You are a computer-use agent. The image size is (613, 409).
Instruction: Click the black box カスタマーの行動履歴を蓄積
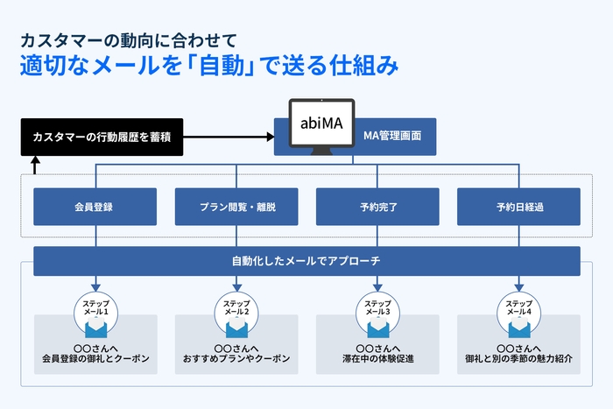point(102,138)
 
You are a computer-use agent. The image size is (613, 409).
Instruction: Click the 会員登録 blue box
point(95,207)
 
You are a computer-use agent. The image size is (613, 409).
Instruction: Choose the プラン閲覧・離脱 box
point(236,207)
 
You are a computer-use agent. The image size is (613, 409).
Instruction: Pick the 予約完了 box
point(377,207)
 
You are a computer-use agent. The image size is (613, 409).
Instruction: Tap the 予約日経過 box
point(519,207)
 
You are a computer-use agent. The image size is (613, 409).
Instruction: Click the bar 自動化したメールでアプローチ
point(306,261)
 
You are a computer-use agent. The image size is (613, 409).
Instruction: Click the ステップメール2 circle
point(236,308)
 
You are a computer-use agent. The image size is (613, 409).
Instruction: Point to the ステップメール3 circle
point(377,308)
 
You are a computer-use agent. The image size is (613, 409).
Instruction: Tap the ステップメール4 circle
point(519,308)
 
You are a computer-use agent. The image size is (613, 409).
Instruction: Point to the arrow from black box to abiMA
point(228,138)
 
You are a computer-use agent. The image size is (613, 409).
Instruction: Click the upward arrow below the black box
point(35,166)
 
